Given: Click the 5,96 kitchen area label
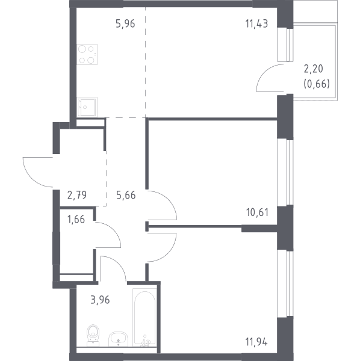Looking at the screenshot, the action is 125,23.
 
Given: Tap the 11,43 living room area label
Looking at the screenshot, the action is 256,23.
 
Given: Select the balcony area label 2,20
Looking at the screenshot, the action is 314,69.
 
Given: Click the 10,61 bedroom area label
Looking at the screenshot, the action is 257,212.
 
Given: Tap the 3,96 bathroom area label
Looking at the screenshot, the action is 100,300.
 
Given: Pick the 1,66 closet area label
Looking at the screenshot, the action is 76,220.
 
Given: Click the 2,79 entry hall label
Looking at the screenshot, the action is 77,195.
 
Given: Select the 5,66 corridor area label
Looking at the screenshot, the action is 126,195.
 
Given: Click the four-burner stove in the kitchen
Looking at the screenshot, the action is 87,55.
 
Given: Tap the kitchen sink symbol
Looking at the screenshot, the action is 87,107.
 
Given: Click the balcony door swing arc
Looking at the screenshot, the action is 265,73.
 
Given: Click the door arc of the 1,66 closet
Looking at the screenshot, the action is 112,230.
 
